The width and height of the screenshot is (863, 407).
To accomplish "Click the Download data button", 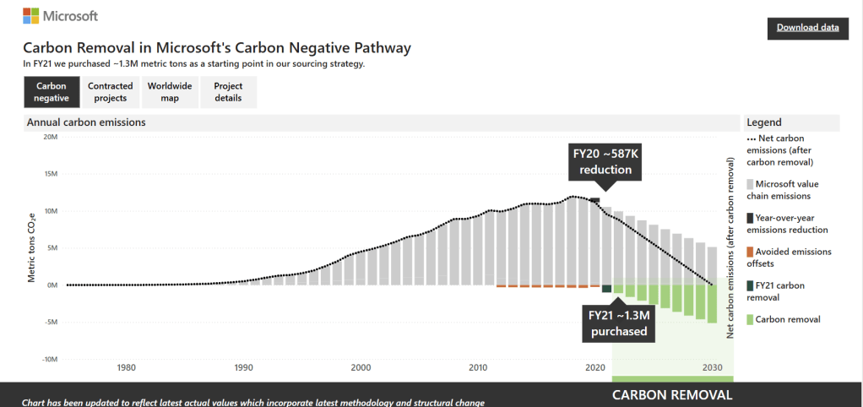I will [807, 28].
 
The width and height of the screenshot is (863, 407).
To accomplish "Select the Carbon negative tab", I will [51, 92].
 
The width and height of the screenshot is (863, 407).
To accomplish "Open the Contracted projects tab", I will [111, 92].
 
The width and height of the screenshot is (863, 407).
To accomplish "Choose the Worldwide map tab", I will [170, 92].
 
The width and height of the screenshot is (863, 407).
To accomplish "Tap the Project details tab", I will [228, 92].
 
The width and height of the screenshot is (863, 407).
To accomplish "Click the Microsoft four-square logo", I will [31, 16].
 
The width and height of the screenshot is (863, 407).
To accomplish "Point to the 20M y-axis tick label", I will [50, 137].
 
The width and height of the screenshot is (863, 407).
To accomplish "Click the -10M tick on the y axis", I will [48, 359].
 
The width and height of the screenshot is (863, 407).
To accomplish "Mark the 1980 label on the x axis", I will [127, 368].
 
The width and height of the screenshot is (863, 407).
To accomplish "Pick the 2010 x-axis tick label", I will [478, 368].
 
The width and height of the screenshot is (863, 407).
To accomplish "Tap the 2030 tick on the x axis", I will [712, 368].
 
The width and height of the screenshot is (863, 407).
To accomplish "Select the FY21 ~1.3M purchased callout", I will [618, 323].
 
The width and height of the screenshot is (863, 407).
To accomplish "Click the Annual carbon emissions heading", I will [86, 122].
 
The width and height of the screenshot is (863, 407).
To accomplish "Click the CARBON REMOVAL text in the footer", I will [672, 395].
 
